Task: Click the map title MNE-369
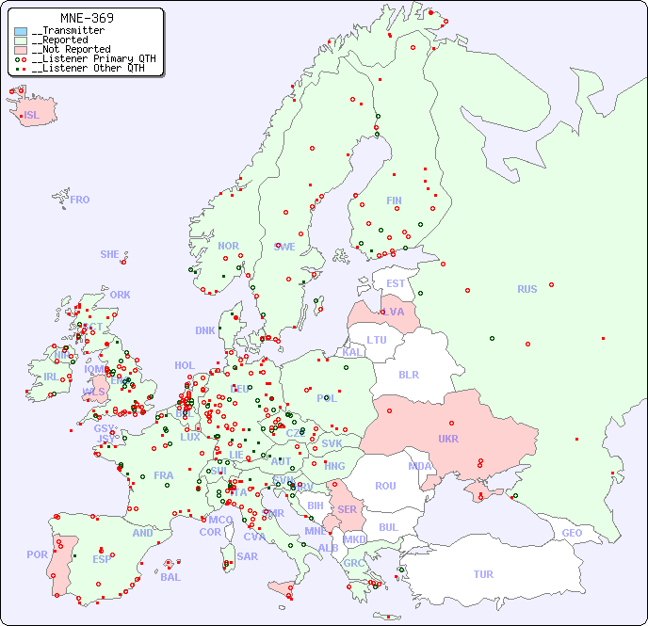click(87, 18)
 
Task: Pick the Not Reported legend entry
click(71, 50)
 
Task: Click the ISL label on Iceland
click(32, 116)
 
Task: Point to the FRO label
click(80, 200)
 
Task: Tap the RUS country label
click(526, 289)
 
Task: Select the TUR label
click(483, 574)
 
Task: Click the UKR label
click(448, 439)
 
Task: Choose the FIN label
click(394, 201)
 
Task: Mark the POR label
click(37, 554)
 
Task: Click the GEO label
click(572, 533)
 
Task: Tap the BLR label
click(409, 375)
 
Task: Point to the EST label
click(396, 283)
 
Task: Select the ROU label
click(385, 486)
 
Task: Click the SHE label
click(110, 254)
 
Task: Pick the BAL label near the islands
click(170, 577)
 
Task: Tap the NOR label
click(228, 246)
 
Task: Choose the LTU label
click(377, 340)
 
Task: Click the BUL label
click(388, 527)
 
